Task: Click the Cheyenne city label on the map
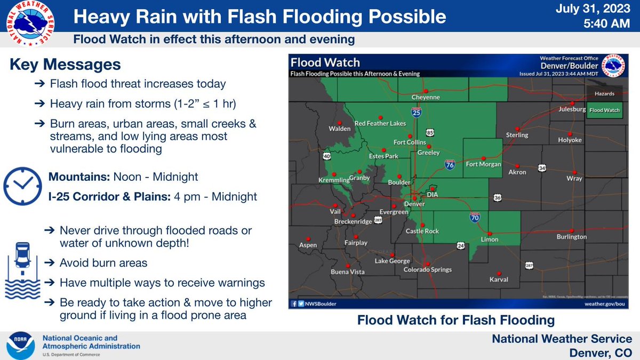(425, 98)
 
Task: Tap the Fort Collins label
(410, 142)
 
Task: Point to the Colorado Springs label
(428, 270)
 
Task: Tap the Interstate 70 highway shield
(474, 217)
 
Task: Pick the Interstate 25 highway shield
(416, 113)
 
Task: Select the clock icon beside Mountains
(22, 185)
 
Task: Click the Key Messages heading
(65, 65)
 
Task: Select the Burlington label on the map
(571, 237)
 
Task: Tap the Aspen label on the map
(308, 245)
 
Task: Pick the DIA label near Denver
(433, 195)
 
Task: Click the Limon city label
(489, 239)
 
